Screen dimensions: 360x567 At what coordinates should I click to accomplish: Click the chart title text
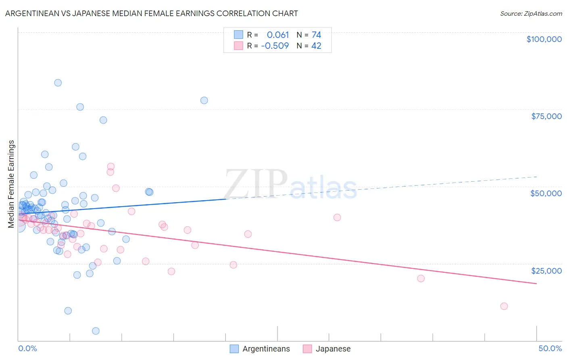[152, 13]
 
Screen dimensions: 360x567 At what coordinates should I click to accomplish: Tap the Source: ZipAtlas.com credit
[531, 13]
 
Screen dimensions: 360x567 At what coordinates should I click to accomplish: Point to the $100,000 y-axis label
[544, 39]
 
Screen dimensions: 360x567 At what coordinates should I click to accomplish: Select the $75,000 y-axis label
[546, 116]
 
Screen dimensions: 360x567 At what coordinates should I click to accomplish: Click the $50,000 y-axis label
[546, 193]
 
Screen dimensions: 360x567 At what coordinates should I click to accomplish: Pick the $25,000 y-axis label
[546, 270]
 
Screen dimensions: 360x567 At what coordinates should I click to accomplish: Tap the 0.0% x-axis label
[28, 348]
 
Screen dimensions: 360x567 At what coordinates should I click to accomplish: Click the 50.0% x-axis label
[550, 348]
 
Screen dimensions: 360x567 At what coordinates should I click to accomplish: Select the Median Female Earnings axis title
[11, 184]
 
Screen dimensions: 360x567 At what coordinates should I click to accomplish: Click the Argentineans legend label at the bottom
[266, 349]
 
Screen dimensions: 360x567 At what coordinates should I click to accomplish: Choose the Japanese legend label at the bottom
[333, 349]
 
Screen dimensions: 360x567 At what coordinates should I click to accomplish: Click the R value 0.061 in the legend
[278, 35]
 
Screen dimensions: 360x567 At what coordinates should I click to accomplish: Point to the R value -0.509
[275, 46]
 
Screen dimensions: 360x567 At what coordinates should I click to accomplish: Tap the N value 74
[316, 35]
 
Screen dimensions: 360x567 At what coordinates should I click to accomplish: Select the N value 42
[316, 46]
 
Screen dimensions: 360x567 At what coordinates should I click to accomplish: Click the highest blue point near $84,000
[58, 83]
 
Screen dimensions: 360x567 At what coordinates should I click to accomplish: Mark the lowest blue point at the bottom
[96, 331]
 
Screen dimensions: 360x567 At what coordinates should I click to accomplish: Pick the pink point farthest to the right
[504, 306]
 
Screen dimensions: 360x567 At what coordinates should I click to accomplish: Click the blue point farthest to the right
[204, 100]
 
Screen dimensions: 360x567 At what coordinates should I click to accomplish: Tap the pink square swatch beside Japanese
[308, 349]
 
